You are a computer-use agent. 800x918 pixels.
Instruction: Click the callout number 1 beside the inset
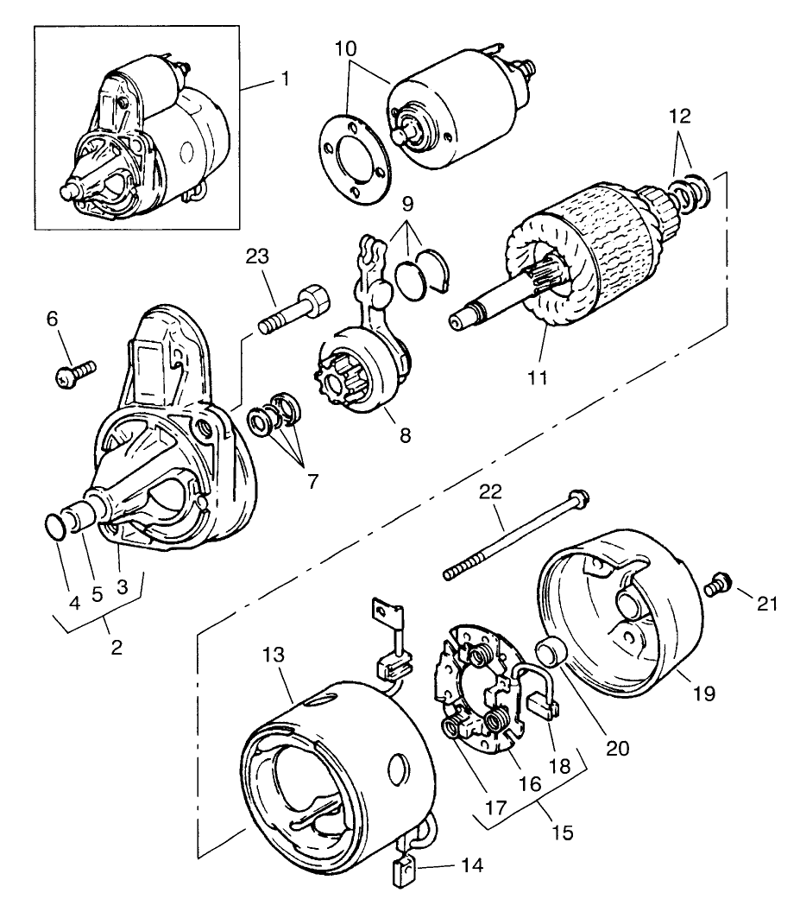point(285,79)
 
